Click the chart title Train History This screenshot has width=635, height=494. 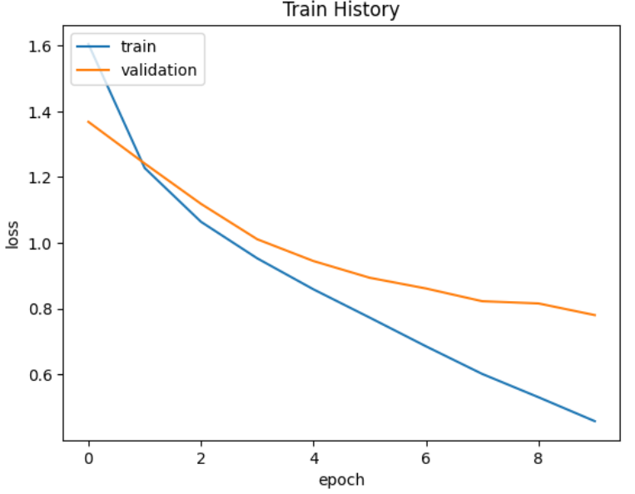click(x=341, y=10)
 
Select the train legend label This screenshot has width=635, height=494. click(x=138, y=47)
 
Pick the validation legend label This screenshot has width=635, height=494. click(x=159, y=70)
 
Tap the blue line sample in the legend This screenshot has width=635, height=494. click(x=93, y=47)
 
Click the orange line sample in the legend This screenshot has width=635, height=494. click(x=93, y=70)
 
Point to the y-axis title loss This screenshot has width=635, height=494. click(x=12, y=234)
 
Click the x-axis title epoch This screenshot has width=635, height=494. click(x=341, y=479)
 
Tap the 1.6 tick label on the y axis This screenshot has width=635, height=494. click(x=42, y=47)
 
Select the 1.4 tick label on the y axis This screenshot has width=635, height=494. click(x=42, y=112)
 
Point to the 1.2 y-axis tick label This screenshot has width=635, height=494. click(x=42, y=178)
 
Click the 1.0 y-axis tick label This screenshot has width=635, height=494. click(x=42, y=244)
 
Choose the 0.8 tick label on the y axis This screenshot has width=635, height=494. click(x=42, y=309)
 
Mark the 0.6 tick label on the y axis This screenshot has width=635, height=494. click(x=42, y=375)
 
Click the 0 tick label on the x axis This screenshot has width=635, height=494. click(x=88, y=457)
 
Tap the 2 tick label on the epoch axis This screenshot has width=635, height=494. click(x=201, y=457)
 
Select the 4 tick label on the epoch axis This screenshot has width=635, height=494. click(x=314, y=457)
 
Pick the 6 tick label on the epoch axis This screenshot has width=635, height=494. click(x=426, y=457)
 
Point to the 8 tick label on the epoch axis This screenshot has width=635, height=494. click(x=539, y=457)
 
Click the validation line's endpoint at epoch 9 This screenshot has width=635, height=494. click(x=595, y=315)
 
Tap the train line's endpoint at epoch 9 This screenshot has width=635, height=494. click(x=595, y=421)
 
